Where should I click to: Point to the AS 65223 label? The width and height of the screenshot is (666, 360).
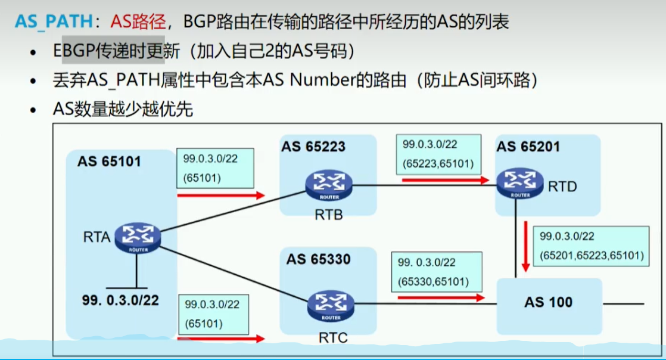click(x=313, y=147)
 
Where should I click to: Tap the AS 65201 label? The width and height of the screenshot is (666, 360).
click(x=528, y=147)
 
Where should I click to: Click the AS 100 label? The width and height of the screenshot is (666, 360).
click(x=548, y=302)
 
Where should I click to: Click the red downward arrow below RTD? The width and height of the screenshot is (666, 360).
click(x=526, y=246)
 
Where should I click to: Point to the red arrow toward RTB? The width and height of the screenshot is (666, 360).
click(x=220, y=195)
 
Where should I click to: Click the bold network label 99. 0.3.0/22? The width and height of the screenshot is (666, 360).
click(x=120, y=300)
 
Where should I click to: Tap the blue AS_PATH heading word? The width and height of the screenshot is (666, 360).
click(x=54, y=22)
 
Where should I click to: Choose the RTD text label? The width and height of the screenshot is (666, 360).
click(x=562, y=187)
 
